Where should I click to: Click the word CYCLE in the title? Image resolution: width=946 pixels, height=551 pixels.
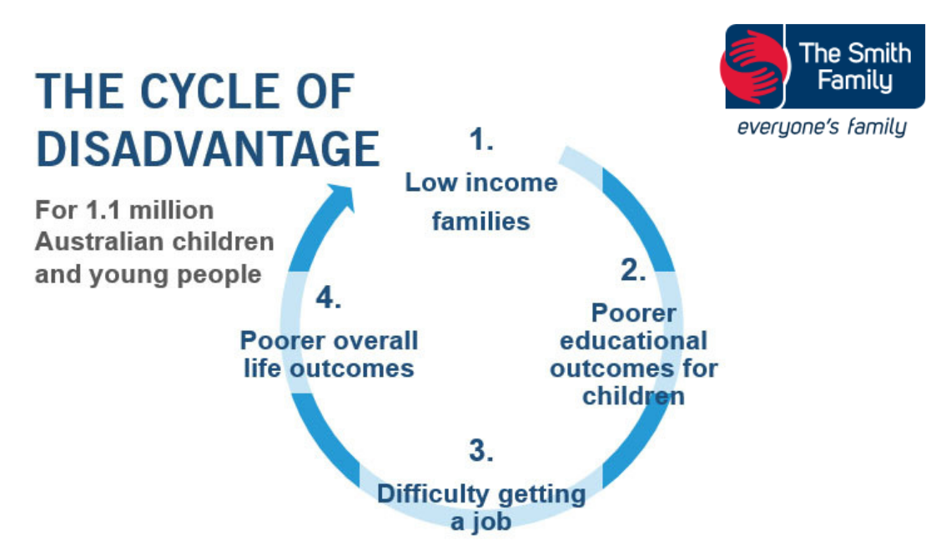coord(209,92)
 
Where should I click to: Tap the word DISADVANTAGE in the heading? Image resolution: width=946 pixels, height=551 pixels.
coord(209,149)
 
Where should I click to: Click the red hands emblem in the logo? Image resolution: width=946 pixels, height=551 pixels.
coord(754,67)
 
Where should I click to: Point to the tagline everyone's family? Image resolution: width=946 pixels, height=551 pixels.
coord(822,127)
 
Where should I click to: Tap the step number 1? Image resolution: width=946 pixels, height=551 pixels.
coord(481,140)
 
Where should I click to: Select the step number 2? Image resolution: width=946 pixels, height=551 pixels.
coord(633,269)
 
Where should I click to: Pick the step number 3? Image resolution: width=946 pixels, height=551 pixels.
coord(481,450)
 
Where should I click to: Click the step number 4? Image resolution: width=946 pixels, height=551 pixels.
coord(329,298)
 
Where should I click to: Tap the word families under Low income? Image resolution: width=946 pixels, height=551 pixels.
coord(481,221)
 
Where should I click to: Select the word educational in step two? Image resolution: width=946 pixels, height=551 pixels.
coord(633,341)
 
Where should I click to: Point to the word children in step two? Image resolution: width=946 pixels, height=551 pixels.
coord(633,396)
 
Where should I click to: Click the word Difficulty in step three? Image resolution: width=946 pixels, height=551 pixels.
coord(433,493)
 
